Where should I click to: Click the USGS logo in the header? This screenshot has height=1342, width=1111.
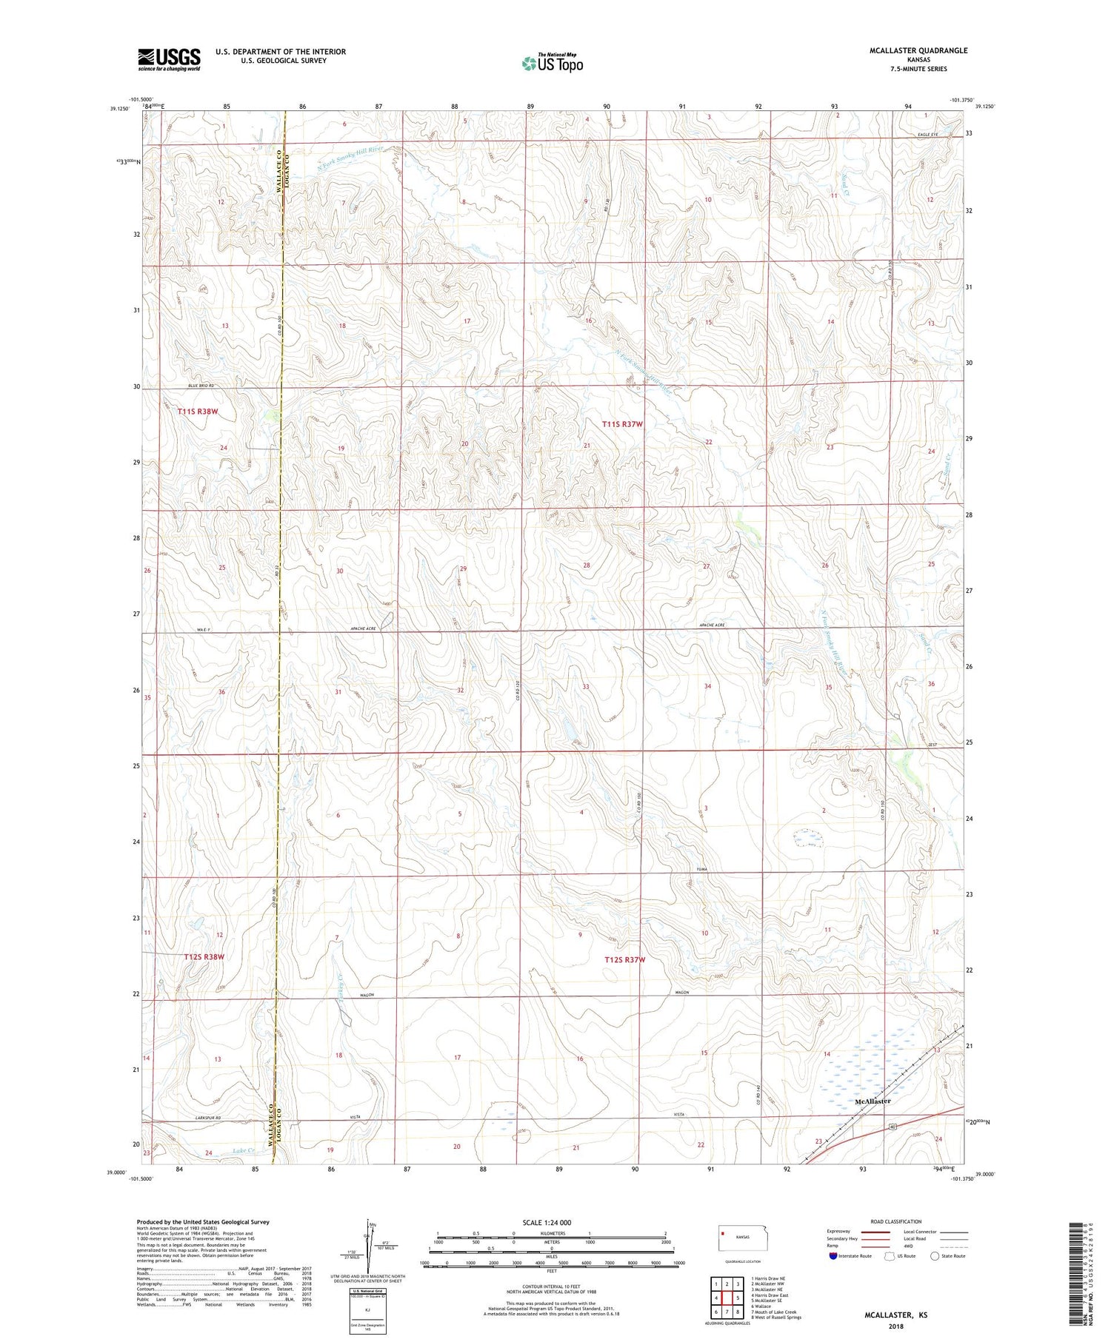coord(169,59)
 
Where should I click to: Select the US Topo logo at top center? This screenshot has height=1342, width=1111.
coord(552,63)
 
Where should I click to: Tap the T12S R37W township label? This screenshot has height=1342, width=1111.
coord(624,960)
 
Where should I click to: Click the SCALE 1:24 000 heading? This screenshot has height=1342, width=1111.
coord(547,1223)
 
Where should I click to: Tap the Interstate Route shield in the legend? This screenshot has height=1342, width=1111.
coord(833,1256)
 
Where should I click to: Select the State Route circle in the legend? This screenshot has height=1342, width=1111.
coord(935,1256)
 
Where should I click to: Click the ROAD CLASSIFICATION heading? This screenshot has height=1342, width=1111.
coord(895,1221)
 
